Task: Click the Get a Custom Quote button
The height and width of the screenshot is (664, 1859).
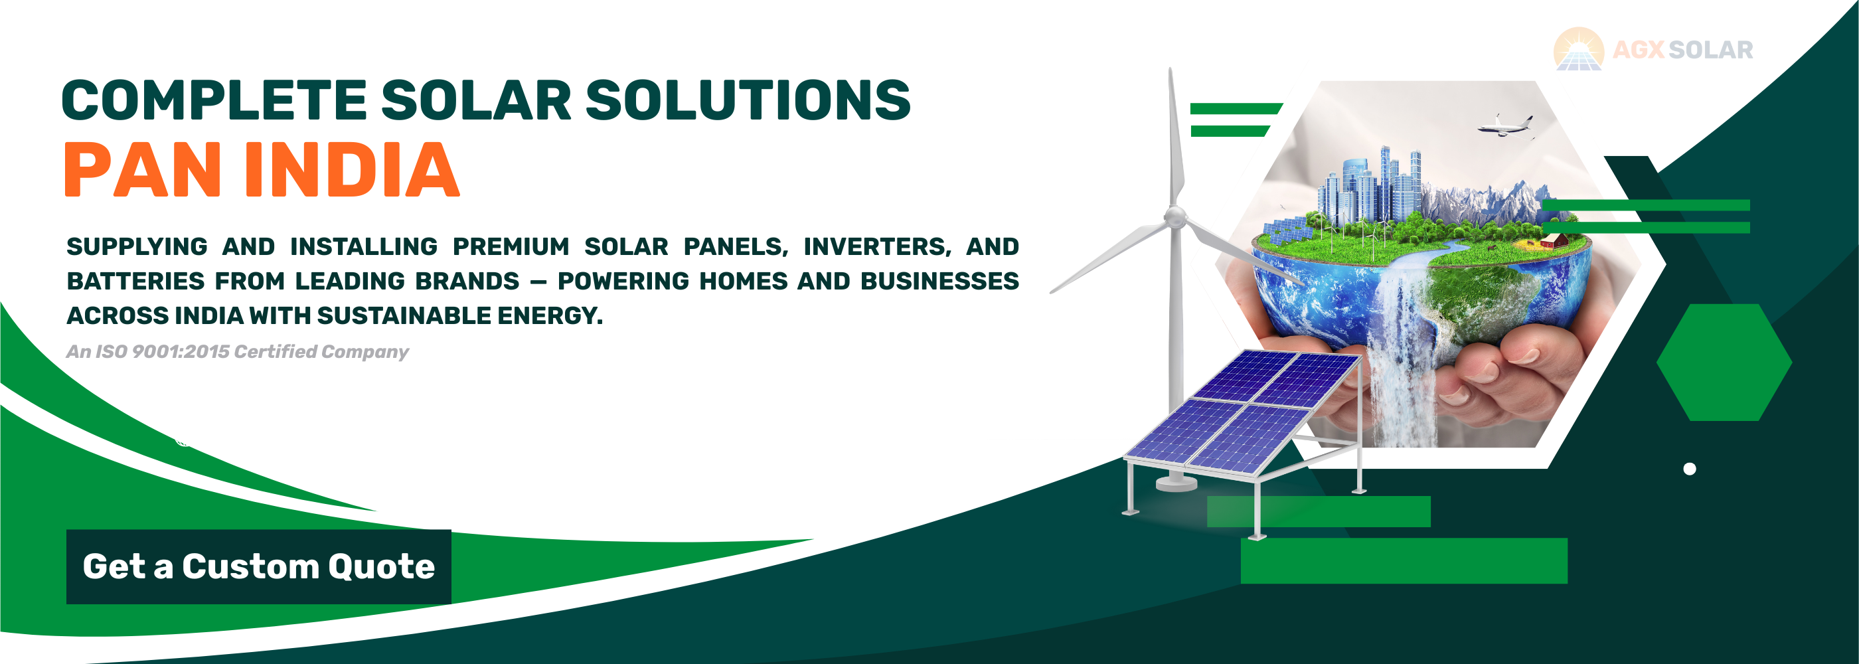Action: click(x=258, y=566)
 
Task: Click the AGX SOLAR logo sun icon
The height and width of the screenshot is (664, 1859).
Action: click(x=1579, y=49)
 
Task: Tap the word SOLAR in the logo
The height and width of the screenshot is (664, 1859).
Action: click(x=1711, y=50)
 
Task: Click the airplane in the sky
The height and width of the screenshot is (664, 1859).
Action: click(x=1505, y=125)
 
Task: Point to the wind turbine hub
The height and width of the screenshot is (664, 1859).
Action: click(x=1175, y=216)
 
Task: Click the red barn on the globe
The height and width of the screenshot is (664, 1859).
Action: click(x=1554, y=240)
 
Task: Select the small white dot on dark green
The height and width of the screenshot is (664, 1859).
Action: click(x=1690, y=469)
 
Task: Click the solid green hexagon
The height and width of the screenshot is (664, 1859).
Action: click(x=1724, y=363)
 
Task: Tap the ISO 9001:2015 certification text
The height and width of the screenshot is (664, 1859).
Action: click(x=237, y=351)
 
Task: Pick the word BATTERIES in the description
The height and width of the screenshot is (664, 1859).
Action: click(x=135, y=281)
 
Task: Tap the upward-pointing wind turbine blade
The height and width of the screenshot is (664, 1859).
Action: click(x=1175, y=137)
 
